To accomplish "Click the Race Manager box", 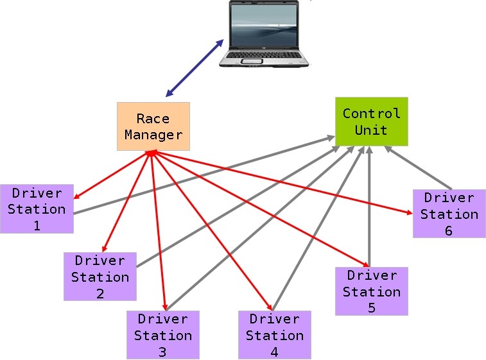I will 153,126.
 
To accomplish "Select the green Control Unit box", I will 371,121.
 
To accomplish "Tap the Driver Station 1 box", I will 37,209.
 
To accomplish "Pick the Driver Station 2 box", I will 100,277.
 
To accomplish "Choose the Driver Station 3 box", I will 162,335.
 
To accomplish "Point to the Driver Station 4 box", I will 274,335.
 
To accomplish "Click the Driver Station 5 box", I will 371,291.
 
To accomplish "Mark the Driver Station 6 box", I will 449,214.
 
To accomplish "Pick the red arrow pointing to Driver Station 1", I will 112,175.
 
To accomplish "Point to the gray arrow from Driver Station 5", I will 369,205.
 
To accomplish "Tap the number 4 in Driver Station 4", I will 274,352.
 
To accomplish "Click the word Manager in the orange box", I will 153,135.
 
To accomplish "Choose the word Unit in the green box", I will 371,130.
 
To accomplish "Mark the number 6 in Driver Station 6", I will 449,231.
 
